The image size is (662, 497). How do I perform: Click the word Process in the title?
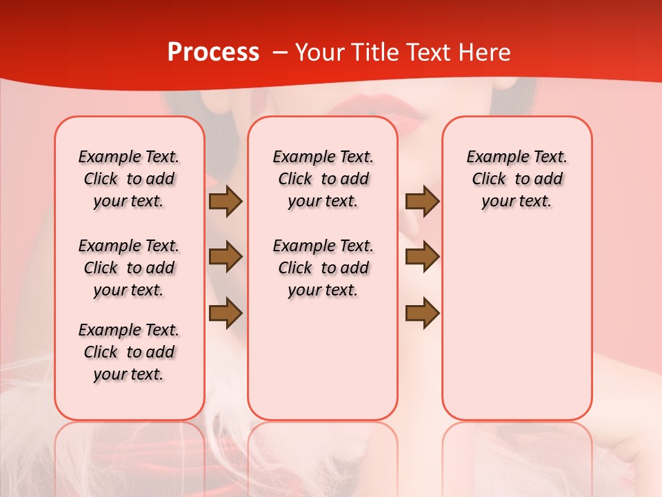[213, 52]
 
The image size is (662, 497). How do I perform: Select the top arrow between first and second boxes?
[225, 202]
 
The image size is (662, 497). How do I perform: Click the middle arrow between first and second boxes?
[225, 257]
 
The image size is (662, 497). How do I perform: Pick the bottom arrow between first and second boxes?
[225, 313]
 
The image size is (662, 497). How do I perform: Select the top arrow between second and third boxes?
[422, 202]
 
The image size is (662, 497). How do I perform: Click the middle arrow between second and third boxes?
[422, 257]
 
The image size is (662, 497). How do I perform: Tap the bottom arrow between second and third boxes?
[422, 313]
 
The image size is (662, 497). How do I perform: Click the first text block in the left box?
[129, 179]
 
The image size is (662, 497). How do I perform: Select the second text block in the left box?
[129, 268]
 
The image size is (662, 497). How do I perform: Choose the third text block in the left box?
[129, 352]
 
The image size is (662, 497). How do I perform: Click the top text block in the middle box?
[323, 179]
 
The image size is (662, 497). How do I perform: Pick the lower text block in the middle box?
[323, 268]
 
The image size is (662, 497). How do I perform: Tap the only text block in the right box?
[516, 179]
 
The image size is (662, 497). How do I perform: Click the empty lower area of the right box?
[516, 331]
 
